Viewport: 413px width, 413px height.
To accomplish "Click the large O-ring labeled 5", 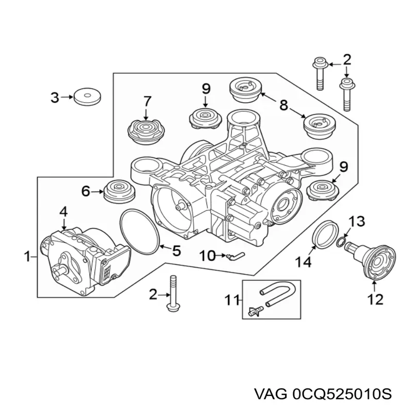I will pyautogui.click(x=140, y=232).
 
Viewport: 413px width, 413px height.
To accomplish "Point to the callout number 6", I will pyautogui.click(x=86, y=192).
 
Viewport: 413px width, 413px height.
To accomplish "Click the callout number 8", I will pyautogui.click(x=284, y=106).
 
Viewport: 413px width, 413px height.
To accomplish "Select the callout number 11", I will pyautogui.click(x=232, y=299).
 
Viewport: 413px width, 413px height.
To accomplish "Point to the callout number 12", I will pyautogui.click(x=376, y=299).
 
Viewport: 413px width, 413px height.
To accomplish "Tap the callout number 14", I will pyautogui.click(x=304, y=263).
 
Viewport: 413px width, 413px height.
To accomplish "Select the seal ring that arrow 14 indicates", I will pyautogui.click(x=325, y=234).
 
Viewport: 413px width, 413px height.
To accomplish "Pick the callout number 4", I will pyautogui.click(x=63, y=211).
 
